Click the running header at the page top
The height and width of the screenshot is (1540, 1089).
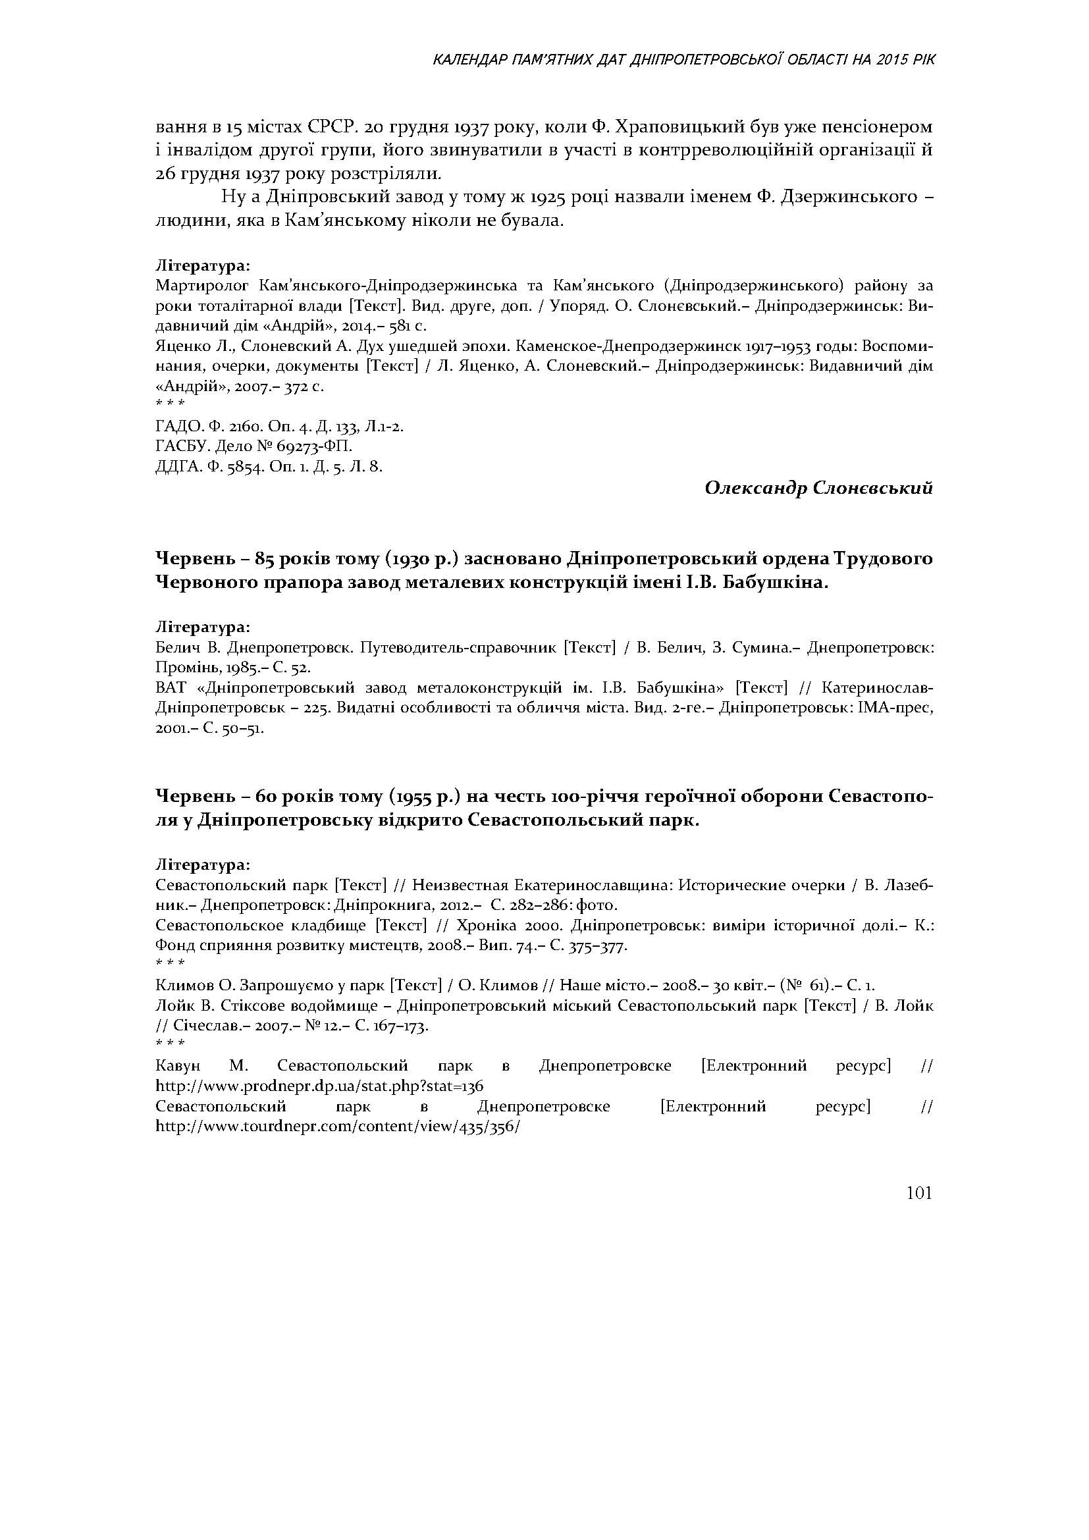pos(683,61)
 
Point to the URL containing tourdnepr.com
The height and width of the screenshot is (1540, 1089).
pos(337,1126)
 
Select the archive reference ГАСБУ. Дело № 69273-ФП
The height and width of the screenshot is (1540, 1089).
pos(253,446)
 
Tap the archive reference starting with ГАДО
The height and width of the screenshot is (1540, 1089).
pos(279,427)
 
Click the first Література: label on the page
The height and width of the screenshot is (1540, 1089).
pos(203,265)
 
